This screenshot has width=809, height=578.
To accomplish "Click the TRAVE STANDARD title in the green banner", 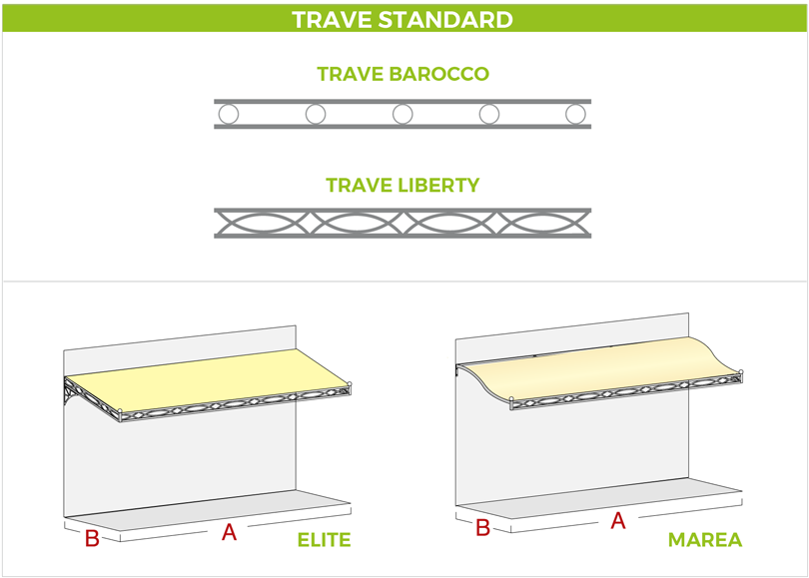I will pos(403,20).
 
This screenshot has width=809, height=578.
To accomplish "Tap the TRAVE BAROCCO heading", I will pos(403,75).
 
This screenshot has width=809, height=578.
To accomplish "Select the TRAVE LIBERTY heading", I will pos(403,185).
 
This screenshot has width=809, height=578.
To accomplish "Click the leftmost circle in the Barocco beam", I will pos(229,114).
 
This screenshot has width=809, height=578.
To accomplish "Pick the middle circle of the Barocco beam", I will pos(403,114).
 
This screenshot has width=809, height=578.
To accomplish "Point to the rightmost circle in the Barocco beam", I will pos(575,114).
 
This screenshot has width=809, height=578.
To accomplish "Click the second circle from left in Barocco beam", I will pos(316,114).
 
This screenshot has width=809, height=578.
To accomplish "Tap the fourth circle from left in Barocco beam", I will pos(489,114).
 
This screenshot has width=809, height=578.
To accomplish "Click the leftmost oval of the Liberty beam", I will pos(264,223).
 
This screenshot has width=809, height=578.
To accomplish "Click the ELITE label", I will pos(324,540).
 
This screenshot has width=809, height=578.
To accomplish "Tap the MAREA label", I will pos(704,540).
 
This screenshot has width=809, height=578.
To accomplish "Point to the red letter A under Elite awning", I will pos(229,532).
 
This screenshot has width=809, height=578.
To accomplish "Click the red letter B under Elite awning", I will pos(92,539).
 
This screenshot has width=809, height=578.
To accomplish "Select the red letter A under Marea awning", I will pos(617,520).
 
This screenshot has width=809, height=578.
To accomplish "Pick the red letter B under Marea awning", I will pos(482,528).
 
